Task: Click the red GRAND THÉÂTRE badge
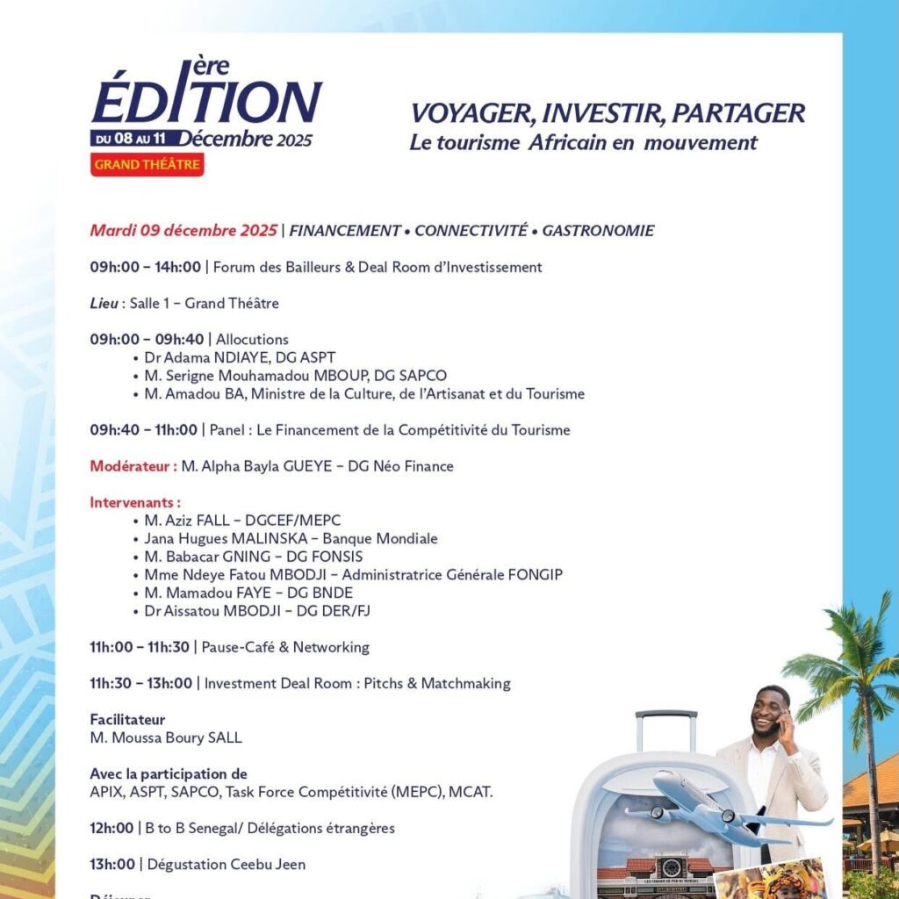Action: point(147,164)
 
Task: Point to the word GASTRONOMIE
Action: point(598,231)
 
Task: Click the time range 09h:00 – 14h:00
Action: point(145,267)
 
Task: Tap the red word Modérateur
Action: point(133,466)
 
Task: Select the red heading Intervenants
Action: point(134,503)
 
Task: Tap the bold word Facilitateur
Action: point(127,720)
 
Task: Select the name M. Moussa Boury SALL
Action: point(166,737)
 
